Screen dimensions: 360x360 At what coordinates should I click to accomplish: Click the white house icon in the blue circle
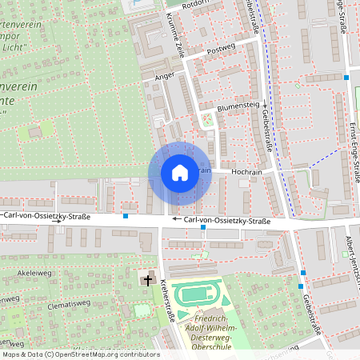[x=179, y=173]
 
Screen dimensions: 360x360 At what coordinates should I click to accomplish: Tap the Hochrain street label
[x=246, y=171]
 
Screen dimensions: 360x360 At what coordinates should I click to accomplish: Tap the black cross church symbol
[x=147, y=279]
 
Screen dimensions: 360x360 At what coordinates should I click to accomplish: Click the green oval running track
[x=194, y=294]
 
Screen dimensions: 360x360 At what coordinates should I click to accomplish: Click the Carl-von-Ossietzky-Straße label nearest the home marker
[x=226, y=221]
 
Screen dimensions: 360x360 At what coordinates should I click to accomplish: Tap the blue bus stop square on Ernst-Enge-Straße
[x=346, y=78]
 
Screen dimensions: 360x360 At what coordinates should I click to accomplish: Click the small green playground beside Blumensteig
[x=208, y=121]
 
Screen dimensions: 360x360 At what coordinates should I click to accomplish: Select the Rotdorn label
[x=195, y=3]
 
